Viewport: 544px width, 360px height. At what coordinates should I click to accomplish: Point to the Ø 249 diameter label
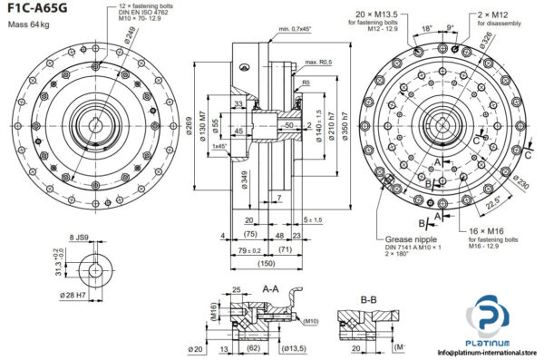coord(131,36)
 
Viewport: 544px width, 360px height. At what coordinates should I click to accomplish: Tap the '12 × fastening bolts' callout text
coord(150,6)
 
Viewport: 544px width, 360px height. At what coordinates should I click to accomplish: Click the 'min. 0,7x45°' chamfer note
coord(297,29)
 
